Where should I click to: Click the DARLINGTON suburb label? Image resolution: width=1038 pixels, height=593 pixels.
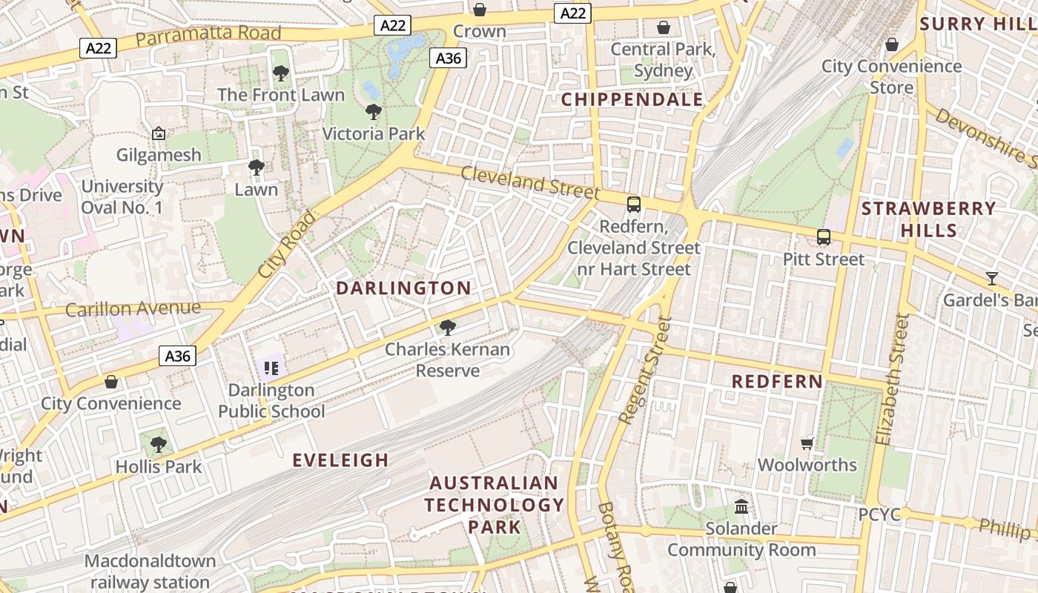[403, 288]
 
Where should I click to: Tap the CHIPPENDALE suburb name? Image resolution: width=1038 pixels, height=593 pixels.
[632, 99]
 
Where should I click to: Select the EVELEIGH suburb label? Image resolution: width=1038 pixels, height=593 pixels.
[340, 460]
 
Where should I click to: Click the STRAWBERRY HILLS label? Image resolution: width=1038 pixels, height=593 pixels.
[928, 219]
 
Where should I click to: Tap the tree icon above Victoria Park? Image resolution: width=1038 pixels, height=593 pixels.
[374, 112]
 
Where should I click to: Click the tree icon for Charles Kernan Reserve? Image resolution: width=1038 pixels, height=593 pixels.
[447, 327]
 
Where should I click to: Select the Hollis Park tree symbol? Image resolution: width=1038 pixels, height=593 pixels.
[158, 445]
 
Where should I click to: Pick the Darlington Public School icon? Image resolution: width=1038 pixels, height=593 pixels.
[271, 368]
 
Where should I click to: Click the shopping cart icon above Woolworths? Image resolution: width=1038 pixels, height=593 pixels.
[807, 443]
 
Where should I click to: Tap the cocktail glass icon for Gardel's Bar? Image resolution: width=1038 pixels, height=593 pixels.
[991, 279]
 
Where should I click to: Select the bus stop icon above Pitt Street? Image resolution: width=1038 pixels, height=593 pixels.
[823, 237]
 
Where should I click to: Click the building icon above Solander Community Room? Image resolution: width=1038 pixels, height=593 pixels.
[741, 506]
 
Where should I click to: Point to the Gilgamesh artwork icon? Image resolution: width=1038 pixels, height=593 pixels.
[158, 133]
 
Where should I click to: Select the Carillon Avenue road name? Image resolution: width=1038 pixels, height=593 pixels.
[133, 308]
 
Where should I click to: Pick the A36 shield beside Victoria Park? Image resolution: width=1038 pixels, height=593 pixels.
[449, 58]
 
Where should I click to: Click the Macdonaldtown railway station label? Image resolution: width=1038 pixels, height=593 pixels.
[150, 572]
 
